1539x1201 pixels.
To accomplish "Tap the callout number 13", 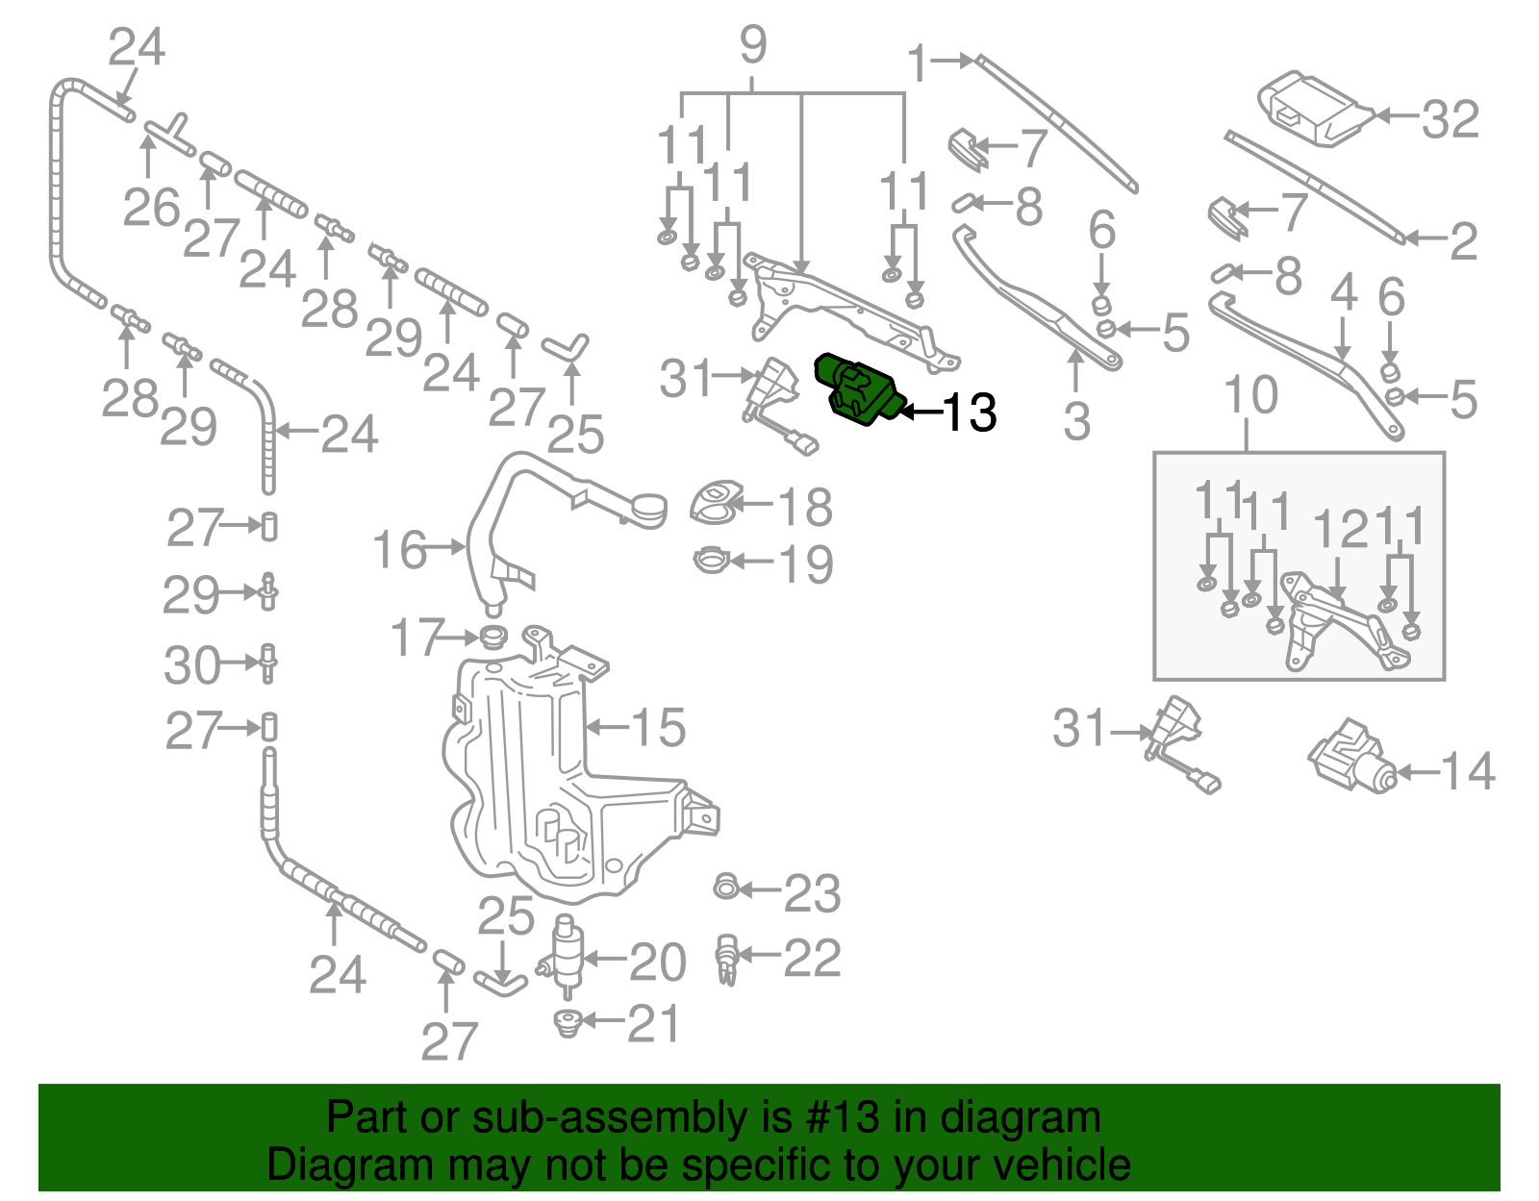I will [x=970, y=413].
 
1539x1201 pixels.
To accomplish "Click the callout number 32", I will [x=1450, y=120].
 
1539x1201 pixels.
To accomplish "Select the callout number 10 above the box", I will [x=1250, y=395].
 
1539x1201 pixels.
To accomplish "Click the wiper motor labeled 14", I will [x=1351, y=758].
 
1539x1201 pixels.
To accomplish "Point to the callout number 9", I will [x=753, y=45].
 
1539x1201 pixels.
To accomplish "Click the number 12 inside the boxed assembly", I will [x=1340, y=530].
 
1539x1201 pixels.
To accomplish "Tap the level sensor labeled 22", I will [x=726, y=959].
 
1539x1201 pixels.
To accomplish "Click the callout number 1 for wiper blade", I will [x=919, y=63].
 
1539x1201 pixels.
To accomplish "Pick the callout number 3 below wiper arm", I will [x=1076, y=421].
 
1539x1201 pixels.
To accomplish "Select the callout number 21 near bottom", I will [x=653, y=1023].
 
